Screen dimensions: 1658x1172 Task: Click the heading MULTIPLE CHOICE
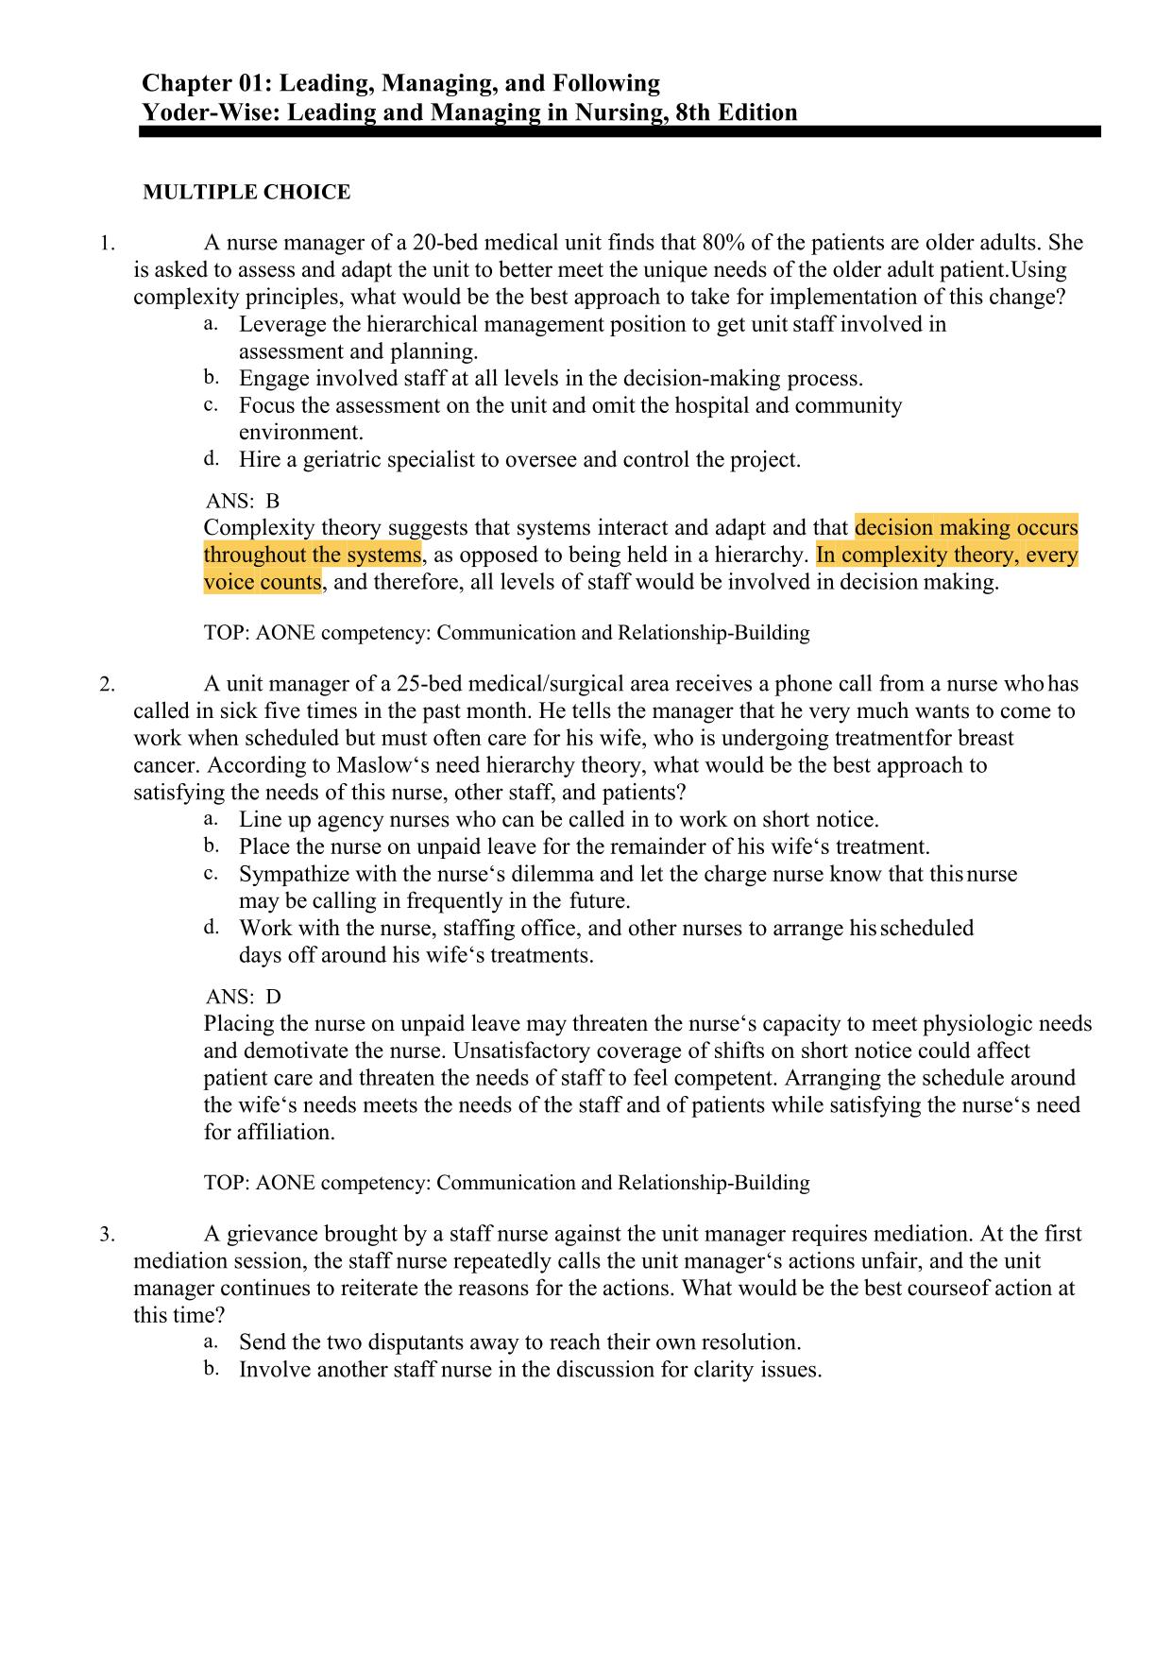(246, 193)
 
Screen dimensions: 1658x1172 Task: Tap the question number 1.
(108, 244)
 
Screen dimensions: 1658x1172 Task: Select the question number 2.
(108, 685)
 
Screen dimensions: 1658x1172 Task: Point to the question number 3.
(108, 1235)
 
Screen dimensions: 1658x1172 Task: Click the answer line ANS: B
(243, 501)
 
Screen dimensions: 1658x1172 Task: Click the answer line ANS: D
(243, 997)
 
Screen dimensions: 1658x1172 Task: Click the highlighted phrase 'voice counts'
(263, 582)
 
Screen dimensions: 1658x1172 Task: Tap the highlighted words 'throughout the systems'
(312, 555)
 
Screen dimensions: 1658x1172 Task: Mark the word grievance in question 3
(273, 1234)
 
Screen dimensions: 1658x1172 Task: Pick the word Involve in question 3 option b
(273, 1370)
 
